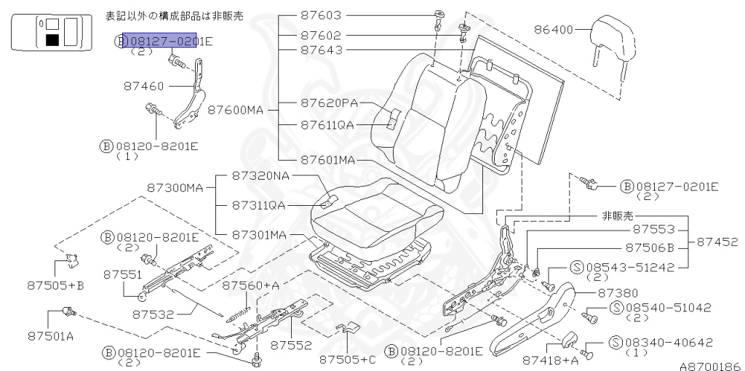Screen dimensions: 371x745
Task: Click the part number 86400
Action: coord(554,31)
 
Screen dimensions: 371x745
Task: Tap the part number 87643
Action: coord(324,50)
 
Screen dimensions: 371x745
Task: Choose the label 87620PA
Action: coord(330,103)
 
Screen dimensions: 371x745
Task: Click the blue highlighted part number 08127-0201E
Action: coord(167,41)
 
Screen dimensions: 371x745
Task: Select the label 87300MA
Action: coord(175,187)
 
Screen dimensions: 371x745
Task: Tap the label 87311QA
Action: coord(259,205)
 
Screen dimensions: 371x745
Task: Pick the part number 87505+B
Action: coord(56,285)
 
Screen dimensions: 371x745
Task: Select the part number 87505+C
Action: coord(348,358)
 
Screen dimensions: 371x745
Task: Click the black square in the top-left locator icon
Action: coord(52,40)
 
